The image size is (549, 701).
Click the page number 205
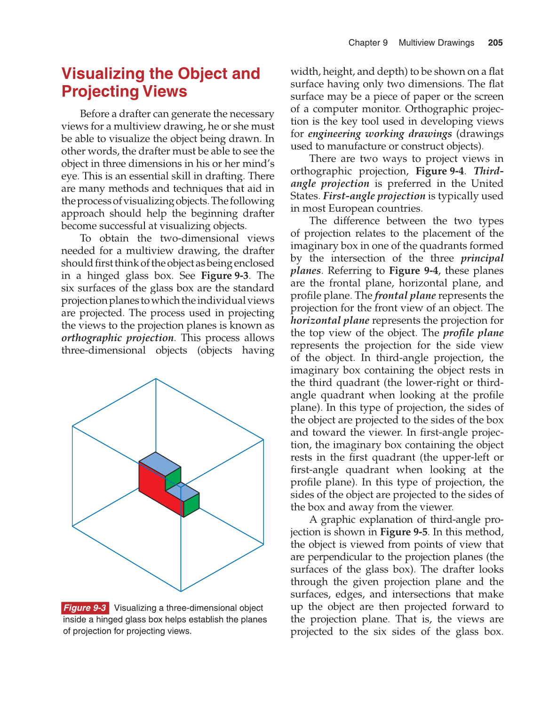(x=495, y=43)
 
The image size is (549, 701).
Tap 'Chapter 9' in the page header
(x=368, y=43)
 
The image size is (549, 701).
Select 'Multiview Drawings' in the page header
(x=436, y=43)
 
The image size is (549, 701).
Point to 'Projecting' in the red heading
(x=98, y=91)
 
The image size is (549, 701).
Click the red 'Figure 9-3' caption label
(x=85, y=608)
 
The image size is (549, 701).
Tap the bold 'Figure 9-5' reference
(x=404, y=532)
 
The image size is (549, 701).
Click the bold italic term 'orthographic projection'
(x=118, y=338)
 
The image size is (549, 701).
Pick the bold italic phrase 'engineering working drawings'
(x=380, y=134)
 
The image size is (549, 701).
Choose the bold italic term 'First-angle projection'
(x=374, y=196)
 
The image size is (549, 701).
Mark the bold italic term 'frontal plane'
(x=405, y=295)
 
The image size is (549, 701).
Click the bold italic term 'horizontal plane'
(x=330, y=320)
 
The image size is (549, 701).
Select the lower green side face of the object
(x=191, y=505)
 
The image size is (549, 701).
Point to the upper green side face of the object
(x=173, y=477)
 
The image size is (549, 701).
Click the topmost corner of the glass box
(x=156, y=379)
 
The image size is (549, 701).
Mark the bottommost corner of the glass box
(x=181, y=591)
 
